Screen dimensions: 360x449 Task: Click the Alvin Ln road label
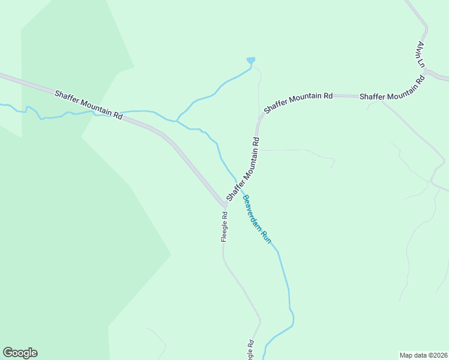point(421,55)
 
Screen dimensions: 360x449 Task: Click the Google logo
point(20,353)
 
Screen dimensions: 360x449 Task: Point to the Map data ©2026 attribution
point(423,355)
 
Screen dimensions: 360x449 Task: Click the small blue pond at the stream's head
point(251,60)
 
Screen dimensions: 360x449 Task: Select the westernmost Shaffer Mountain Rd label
point(88,104)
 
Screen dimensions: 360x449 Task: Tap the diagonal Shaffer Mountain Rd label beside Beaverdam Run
point(243,170)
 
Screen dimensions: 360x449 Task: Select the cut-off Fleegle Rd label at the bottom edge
point(250,350)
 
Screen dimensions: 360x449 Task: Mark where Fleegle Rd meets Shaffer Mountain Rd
point(225,205)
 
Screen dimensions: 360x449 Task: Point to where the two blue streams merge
point(177,121)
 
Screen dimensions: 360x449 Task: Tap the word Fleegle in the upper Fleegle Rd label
point(224,230)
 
